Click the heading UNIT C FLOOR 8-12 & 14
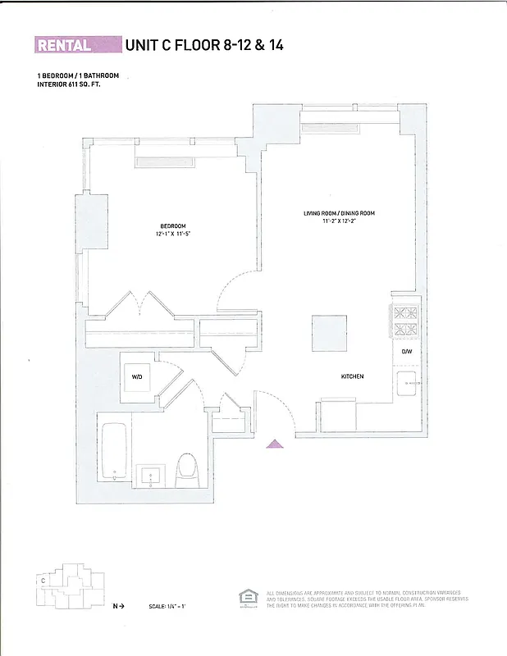coord(204,45)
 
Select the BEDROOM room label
coord(173,226)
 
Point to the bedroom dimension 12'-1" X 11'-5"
coord(173,235)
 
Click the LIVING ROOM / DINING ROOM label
coord(339,213)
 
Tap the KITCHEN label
coord(353,376)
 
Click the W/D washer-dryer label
coord(138,377)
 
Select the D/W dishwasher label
coord(406,352)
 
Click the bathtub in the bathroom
coord(114,451)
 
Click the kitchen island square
coord(328,333)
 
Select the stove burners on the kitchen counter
coord(405,321)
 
